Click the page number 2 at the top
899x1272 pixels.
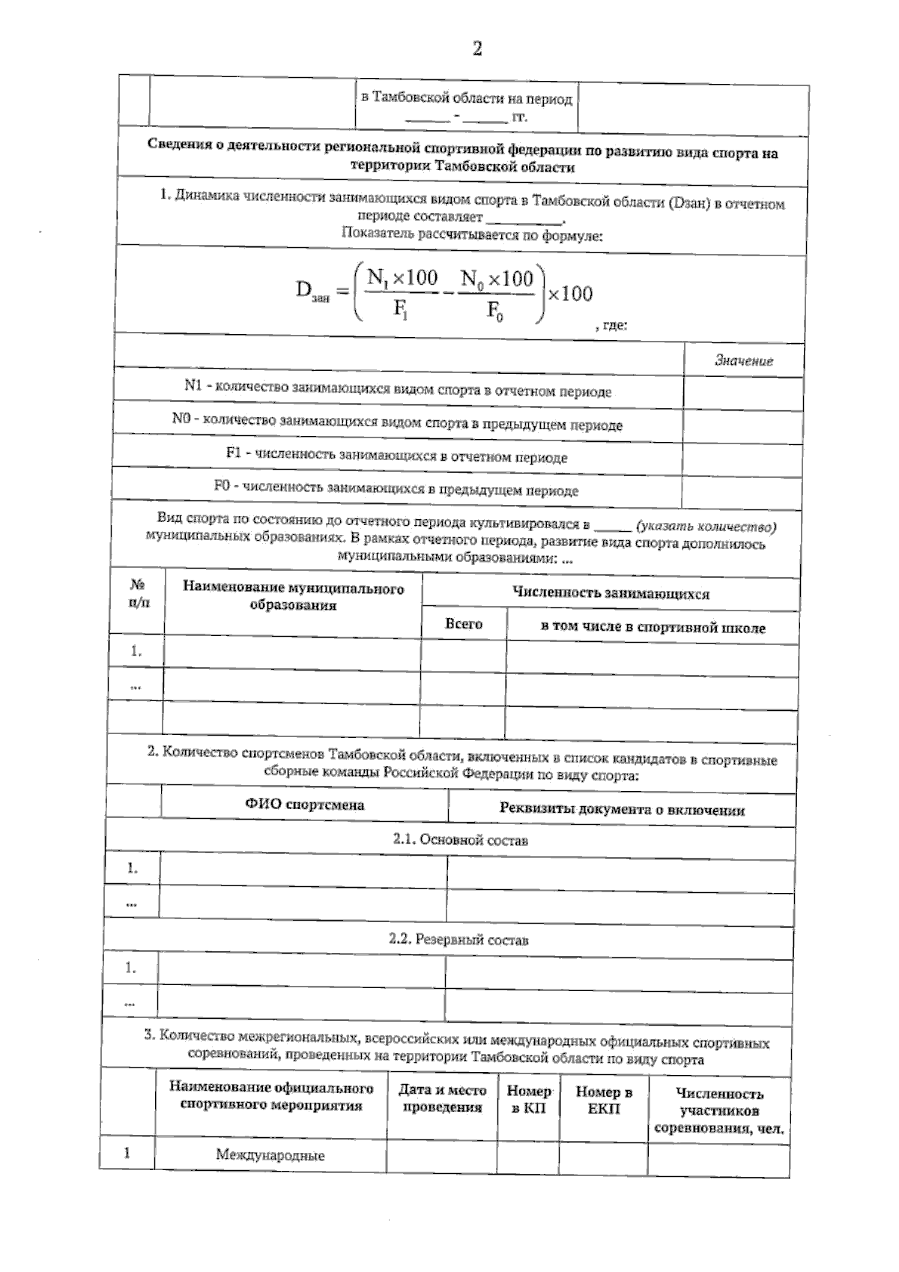click(x=476, y=49)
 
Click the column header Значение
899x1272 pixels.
click(x=743, y=361)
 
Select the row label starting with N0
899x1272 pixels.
click(x=397, y=423)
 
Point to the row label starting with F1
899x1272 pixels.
click(x=396, y=456)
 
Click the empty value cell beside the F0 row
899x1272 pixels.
click(x=742, y=491)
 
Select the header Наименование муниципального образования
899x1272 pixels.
click(x=293, y=596)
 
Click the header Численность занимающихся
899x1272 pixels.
click(x=610, y=594)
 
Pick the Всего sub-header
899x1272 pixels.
click(x=464, y=624)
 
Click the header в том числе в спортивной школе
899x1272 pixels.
click(x=653, y=628)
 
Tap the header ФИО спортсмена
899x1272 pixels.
click(x=304, y=805)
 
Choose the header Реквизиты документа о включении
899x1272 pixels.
click(x=622, y=810)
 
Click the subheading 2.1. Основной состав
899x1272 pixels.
click(x=460, y=841)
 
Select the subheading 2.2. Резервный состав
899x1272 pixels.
click(x=458, y=939)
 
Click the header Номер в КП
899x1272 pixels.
click(x=529, y=1100)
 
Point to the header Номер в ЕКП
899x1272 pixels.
click(x=603, y=1100)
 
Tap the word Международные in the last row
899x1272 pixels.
click(x=270, y=1155)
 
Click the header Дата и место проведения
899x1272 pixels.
click(x=442, y=1099)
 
